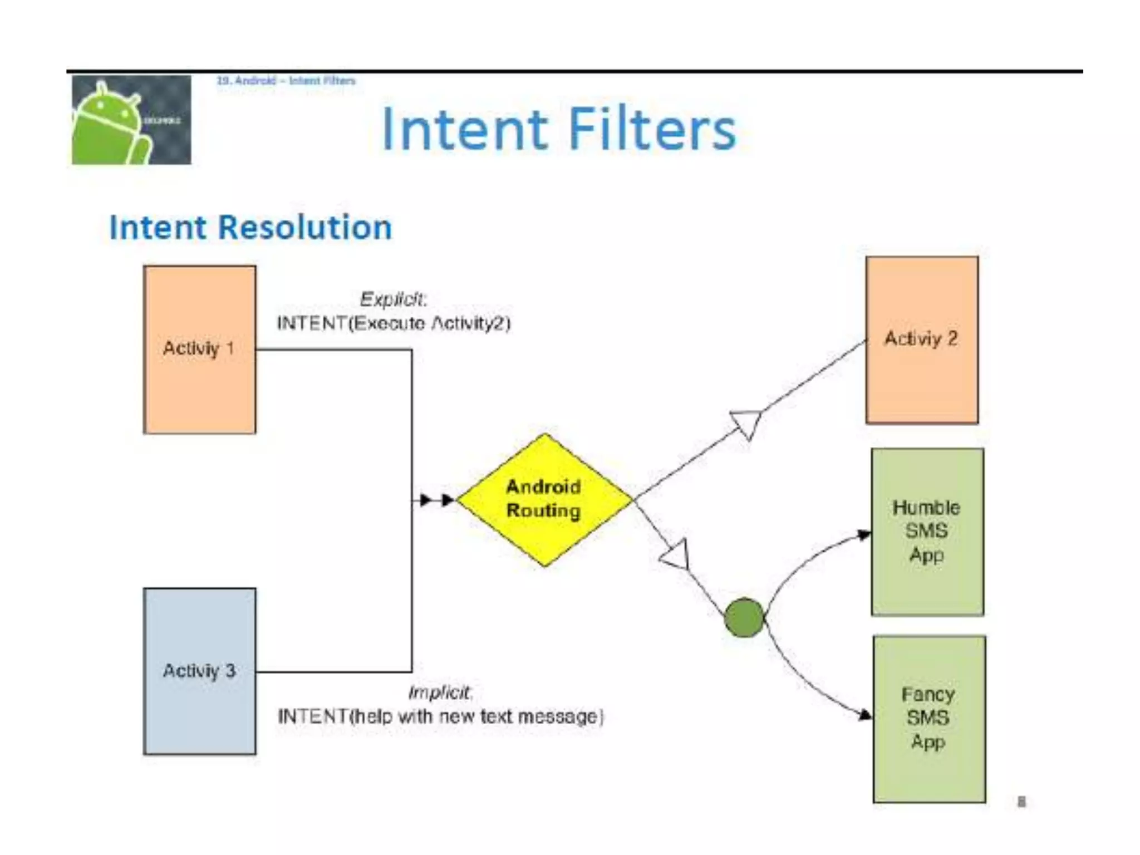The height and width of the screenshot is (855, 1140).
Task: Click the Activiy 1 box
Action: tap(199, 349)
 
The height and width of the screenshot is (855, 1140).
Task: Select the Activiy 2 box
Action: tap(921, 340)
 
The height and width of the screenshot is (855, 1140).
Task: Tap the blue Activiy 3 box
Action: tap(199, 671)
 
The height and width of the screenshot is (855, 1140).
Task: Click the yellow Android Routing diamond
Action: tap(544, 499)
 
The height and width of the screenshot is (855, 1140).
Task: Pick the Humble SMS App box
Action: tap(927, 532)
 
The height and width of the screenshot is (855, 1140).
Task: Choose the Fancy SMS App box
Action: tap(928, 718)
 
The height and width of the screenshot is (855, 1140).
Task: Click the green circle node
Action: tap(744, 617)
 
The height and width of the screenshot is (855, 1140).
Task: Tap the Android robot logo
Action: tap(131, 120)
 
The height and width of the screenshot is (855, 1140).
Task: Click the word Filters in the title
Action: tap(652, 129)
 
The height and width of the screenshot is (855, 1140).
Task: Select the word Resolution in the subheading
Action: tap(305, 228)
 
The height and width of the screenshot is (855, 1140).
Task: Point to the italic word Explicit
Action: tap(393, 299)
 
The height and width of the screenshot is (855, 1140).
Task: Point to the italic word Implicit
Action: tap(440, 692)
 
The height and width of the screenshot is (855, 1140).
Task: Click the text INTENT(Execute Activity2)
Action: tap(394, 323)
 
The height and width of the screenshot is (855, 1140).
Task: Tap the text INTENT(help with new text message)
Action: tap(440, 716)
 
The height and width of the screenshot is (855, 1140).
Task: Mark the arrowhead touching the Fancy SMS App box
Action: tap(864, 714)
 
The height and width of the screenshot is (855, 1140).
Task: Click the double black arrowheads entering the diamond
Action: tap(437, 500)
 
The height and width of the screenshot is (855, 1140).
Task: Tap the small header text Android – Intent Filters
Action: tap(286, 81)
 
